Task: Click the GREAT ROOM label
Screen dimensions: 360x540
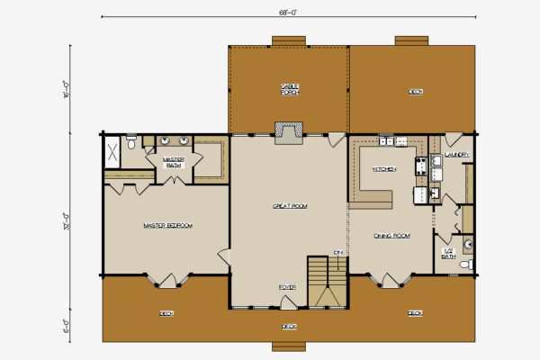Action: pos(290,206)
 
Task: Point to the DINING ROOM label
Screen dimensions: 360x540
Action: pos(391,236)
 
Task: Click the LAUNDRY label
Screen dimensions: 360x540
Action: pos(457,154)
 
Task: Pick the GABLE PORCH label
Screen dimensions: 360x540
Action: pos(289,88)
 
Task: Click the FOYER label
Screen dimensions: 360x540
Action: pos(287,287)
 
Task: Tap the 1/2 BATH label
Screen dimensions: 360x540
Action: pos(448,254)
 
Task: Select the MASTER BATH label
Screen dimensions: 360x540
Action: pos(174,162)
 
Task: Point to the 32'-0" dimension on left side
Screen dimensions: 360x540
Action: pos(67,220)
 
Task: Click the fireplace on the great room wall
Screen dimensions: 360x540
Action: pos(289,132)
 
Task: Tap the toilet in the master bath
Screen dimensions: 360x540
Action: pos(132,141)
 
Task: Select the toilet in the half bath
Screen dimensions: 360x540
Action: pos(465,264)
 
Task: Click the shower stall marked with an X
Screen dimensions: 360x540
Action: pos(113,150)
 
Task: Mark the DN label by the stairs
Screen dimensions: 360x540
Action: pos(337,252)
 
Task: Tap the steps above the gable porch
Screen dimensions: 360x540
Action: pos(289,40)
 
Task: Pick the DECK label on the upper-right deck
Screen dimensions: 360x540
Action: pos(415,91)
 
